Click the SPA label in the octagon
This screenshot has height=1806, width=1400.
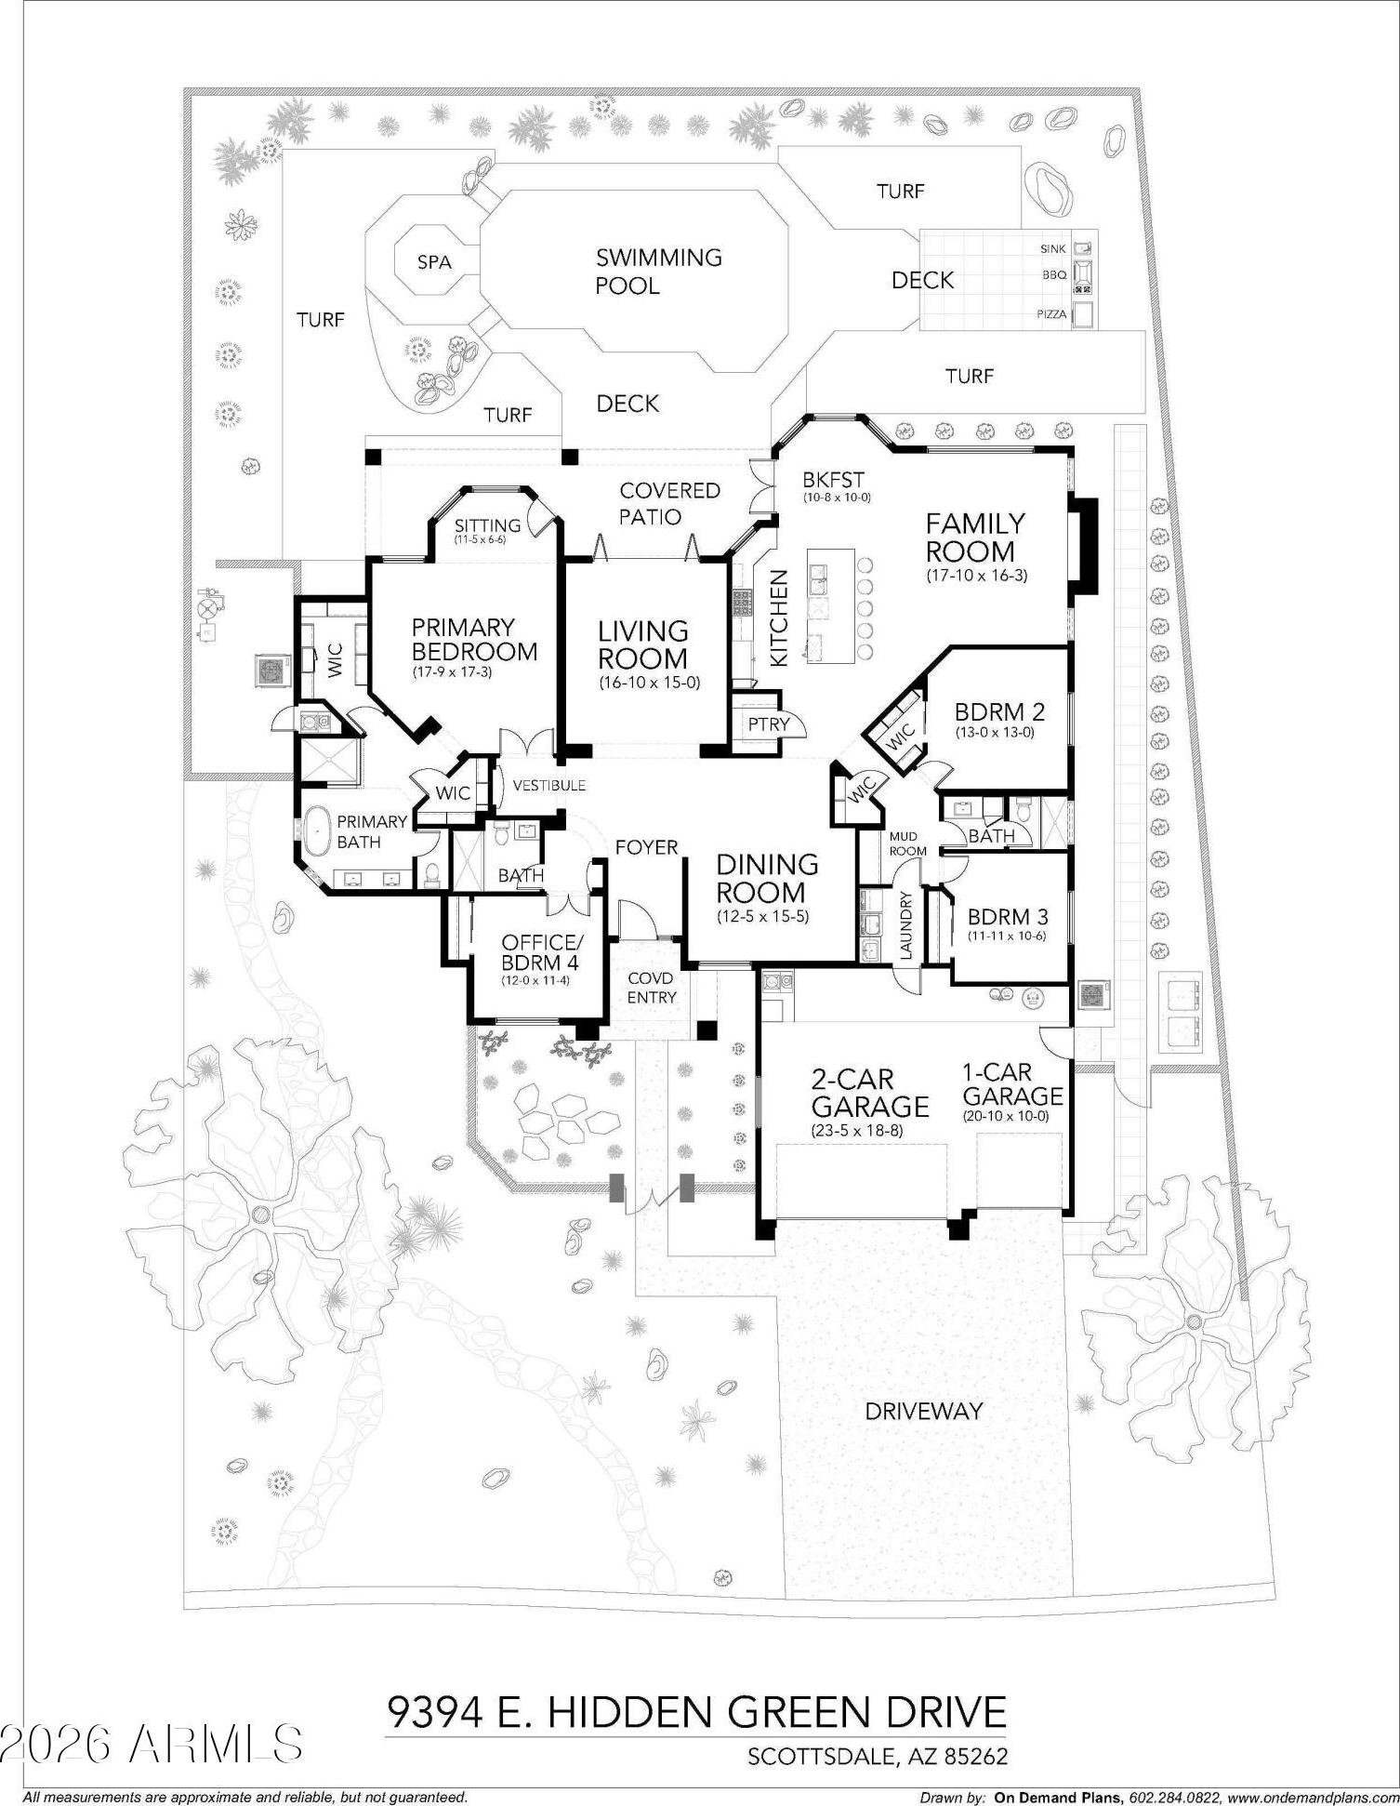coord(434,262)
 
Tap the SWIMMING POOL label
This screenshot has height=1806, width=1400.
coord(659,271)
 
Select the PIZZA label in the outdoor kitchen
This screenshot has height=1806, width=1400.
coord(1051,314)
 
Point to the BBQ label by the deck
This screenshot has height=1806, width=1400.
coord(1054,275)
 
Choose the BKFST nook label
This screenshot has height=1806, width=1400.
coord(833,480)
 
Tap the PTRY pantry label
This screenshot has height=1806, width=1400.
coord(769,724)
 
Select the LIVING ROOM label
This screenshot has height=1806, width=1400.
coord(643,644)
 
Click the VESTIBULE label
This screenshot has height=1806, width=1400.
coord(549,785)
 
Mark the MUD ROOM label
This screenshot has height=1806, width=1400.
coord(907,843)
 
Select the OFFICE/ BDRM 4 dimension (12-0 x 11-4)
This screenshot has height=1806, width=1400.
coord(535,979)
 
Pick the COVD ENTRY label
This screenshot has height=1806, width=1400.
coord(652,988)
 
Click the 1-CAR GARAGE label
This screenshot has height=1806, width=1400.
coord(1012,1083)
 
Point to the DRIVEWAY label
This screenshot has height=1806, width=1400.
coord(923,1411)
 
